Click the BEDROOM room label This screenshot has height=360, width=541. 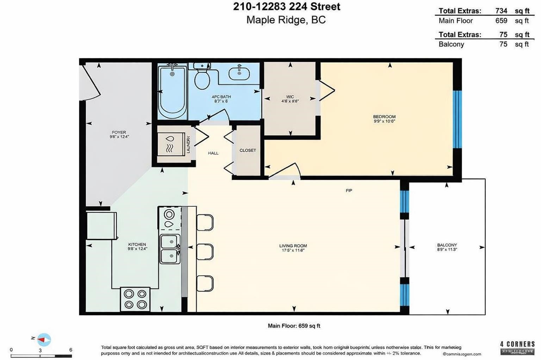tap(384, 117)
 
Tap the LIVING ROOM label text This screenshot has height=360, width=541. tap(293, 246)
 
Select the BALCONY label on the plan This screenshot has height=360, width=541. tap(447, 245)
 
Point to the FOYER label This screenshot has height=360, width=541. tap(119, 133)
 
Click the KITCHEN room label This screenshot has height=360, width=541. tap(137, 244)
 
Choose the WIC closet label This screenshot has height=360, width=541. tap(290, 97)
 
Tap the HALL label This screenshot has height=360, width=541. tap(213, 153)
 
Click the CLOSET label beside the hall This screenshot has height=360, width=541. tap(248, 150)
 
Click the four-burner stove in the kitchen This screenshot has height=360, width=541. tap(135, 299)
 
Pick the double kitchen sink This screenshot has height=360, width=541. tap(170, 249)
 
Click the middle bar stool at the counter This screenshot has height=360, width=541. tap(205, 252)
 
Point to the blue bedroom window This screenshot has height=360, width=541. tap(457, 119)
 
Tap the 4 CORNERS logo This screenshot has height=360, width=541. tap(517, 347)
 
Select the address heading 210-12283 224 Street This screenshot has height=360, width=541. tap(286, 7)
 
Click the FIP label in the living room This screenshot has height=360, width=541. tap(349, 191)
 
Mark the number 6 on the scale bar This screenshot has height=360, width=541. tap(71, 350)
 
